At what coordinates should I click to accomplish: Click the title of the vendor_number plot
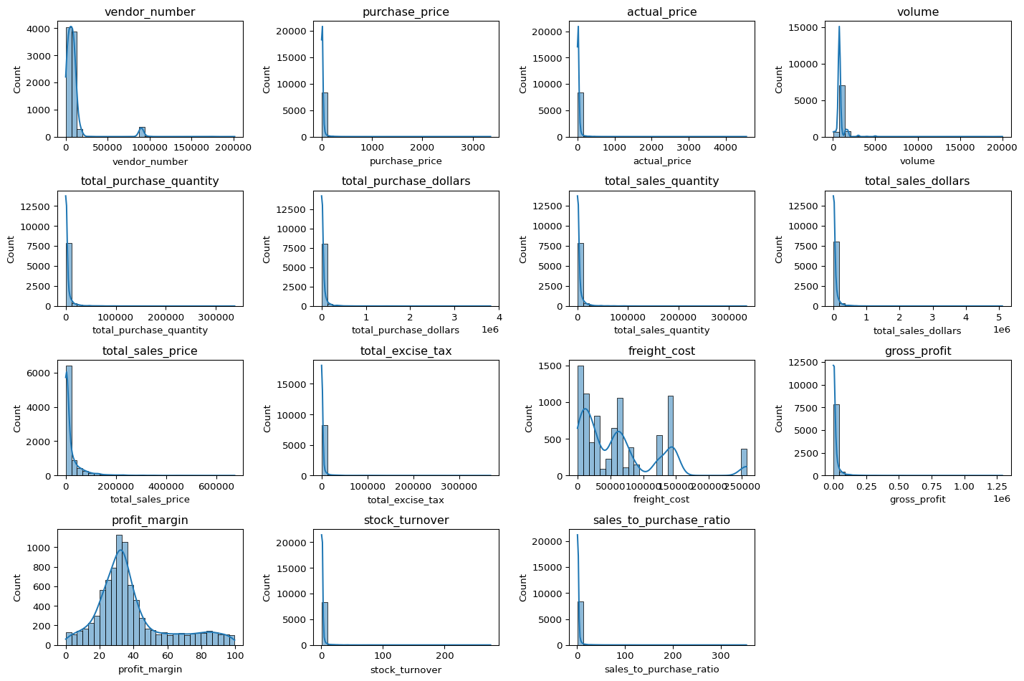pos(150,12)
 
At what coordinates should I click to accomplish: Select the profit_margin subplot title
pos(150,520)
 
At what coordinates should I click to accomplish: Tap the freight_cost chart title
pos(661,351)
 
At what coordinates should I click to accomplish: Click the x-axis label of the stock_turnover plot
pos(406,670)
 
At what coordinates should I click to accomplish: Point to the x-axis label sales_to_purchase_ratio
pos(661,670)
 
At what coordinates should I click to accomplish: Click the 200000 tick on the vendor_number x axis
pos(234,148)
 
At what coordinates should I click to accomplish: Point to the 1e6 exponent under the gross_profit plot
pos(1001,499)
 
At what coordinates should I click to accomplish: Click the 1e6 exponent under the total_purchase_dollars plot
pos(489,330)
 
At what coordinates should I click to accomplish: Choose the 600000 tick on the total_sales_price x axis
pos(216,487)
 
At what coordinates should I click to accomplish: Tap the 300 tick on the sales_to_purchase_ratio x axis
pos(720,656)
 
